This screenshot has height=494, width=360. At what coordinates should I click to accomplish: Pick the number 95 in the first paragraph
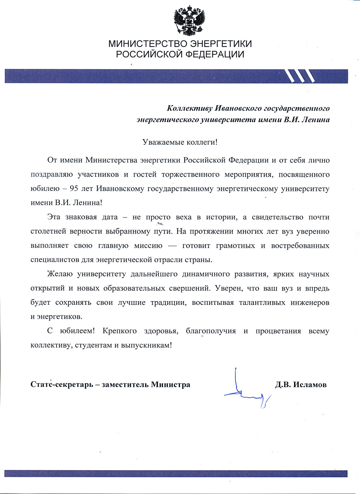pyautogui.click(x=74, y=189)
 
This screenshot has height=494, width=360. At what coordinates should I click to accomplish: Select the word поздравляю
pyautogui.click(x=52, y=174)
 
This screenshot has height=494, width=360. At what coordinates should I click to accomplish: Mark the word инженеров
pyautogui.click(x=310, y=303)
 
